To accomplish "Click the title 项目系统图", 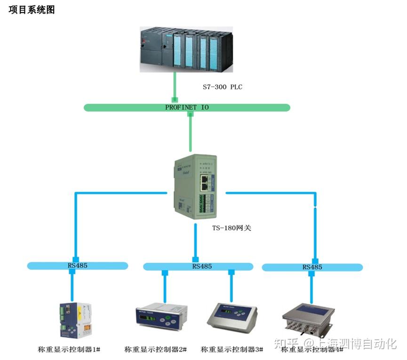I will pyautogui.click(x=32, y=10).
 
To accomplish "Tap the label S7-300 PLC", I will pyautogui.click(x=222, y=87).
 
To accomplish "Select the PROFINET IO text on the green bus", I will pyautogui.click(x=187, y=107).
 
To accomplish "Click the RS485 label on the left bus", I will pyautogui.click(x=77, y=266).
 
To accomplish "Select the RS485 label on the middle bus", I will pyautogui.click(x=202, y=266).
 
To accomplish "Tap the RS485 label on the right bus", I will pyautogui.click(x=312, y=267).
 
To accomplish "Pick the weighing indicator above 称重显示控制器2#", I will pyautogui.click(x=161, y=318).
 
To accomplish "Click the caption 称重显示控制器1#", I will pyautogui.click(x=69, y=350).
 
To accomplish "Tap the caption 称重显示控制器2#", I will pyautogui.click(x=155, y=350).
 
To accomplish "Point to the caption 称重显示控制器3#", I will pyautogui.click(x=231, y=350).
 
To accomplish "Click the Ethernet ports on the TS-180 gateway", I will pyautogui.click(x=205, y=182).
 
